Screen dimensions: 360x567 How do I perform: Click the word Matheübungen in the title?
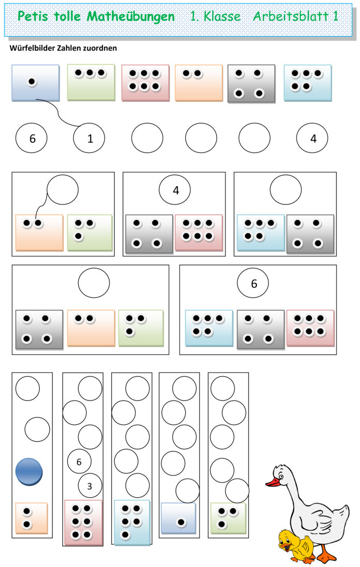(131, 17)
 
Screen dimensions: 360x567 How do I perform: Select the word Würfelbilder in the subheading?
(31, 48)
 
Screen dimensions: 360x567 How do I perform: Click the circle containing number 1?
(89, 138)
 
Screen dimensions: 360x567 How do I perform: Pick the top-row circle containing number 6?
(32, 138)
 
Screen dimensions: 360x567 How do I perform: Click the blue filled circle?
(29, 472)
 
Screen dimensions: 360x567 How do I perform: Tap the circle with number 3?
(90, 486)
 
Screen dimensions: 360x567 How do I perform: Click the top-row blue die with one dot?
(35, 83)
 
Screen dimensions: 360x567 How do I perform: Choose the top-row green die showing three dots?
(91, 82)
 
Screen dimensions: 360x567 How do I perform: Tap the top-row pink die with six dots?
(145, 83)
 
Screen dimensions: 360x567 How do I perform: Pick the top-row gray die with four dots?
(251, 84)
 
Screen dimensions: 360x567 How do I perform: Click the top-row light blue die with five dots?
(308, 83)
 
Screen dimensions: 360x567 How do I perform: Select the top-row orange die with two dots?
(199, 83)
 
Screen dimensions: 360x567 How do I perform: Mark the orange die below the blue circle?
(32, 518)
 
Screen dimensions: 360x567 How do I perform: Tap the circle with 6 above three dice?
(253, 283)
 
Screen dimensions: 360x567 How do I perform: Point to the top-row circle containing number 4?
(312, 138)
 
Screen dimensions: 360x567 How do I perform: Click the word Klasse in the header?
(222, 16)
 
